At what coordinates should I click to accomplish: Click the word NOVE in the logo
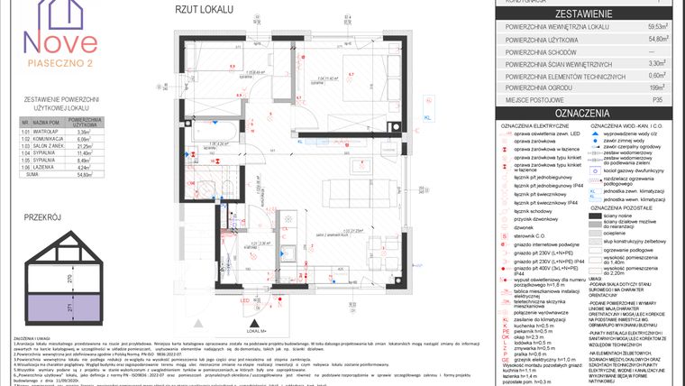(x=61, y=41)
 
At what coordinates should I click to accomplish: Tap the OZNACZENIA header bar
(x=592, y=112)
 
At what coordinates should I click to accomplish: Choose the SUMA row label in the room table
(x=32, y=176)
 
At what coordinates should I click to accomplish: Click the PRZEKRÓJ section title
(x=43, y=217)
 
